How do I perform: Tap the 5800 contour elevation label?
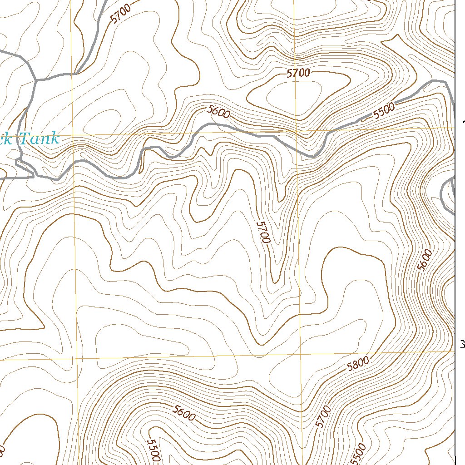pyautogui.click(x=357, y=363)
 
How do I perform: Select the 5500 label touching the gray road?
pyautogui.click(x=384, y=110)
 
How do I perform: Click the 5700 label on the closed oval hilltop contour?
pyautogui.click(x=298, y=73)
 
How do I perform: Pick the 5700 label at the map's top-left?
pyautogui.click(x=120, y=13)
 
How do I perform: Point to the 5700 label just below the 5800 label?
pyautogui.click(x=323, y=417)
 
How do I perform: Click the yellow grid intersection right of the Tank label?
pyautogui.click(x=73, y=135)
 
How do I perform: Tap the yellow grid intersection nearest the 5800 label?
pyautogui.click(x=301, y=353)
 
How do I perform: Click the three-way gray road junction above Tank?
pyautogui.click(x=35, y=80)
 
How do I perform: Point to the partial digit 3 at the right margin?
pyautogui.click(x=462, y=345)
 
